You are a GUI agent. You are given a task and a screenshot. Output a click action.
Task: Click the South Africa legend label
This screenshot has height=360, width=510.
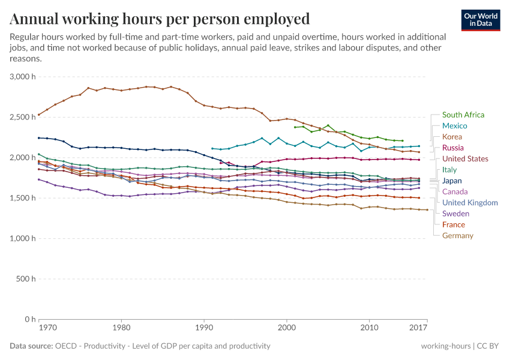(463, 115)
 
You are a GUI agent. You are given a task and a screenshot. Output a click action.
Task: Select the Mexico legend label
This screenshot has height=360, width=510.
(455, 126)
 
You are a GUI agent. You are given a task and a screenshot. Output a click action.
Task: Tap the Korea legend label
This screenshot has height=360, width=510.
(452, 137)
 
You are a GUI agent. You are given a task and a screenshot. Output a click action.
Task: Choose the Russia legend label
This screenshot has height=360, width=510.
(452, 148)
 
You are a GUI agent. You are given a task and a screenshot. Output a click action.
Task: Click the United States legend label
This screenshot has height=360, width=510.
(465, 159)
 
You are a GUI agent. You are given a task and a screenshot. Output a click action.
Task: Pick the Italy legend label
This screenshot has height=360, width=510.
(449, 170)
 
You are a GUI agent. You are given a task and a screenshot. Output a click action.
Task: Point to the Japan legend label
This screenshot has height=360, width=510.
(452, 181)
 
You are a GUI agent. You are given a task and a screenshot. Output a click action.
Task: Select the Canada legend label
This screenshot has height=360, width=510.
(455, 191)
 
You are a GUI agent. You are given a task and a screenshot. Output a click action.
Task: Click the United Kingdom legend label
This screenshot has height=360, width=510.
(470, 203)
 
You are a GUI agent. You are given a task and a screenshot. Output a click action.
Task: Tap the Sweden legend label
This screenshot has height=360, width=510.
(455, 214)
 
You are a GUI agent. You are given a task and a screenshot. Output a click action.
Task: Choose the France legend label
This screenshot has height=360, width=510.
(454, 224)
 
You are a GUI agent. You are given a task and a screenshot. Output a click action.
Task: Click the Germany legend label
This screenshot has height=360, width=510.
(457, 236)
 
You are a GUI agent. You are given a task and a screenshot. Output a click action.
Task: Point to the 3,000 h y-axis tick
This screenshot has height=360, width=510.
(23, 77)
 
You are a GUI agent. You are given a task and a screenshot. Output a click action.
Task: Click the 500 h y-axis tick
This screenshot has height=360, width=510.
(27, 279)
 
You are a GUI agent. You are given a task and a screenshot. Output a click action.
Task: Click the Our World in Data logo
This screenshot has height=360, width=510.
(481, 20)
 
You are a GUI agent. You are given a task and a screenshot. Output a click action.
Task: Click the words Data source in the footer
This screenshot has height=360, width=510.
(29, 346)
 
